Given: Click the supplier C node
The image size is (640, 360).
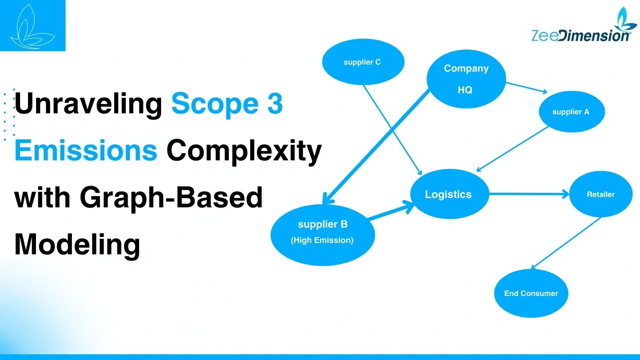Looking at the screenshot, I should pos(362,62).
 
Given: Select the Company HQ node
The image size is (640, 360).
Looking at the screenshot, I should pos(466,79).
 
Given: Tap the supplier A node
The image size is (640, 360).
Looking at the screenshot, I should pos(571,112).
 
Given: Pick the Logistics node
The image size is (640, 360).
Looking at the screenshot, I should pos(448,194).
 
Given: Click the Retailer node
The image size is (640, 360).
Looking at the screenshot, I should pos(600,194).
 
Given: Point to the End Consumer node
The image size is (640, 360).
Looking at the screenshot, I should pos(531,293).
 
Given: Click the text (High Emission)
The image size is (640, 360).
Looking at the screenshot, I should pos(322,240).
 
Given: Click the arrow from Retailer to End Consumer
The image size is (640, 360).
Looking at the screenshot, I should pos(565,243).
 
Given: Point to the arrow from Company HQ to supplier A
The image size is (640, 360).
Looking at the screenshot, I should pos(526,87).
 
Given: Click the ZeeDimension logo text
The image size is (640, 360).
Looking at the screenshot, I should pos(580,35).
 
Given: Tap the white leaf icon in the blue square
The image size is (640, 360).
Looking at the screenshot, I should pos(32,25).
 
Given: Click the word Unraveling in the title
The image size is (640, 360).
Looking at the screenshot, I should pos(88,104).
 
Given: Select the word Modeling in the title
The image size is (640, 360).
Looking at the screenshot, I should pos(77,244).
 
